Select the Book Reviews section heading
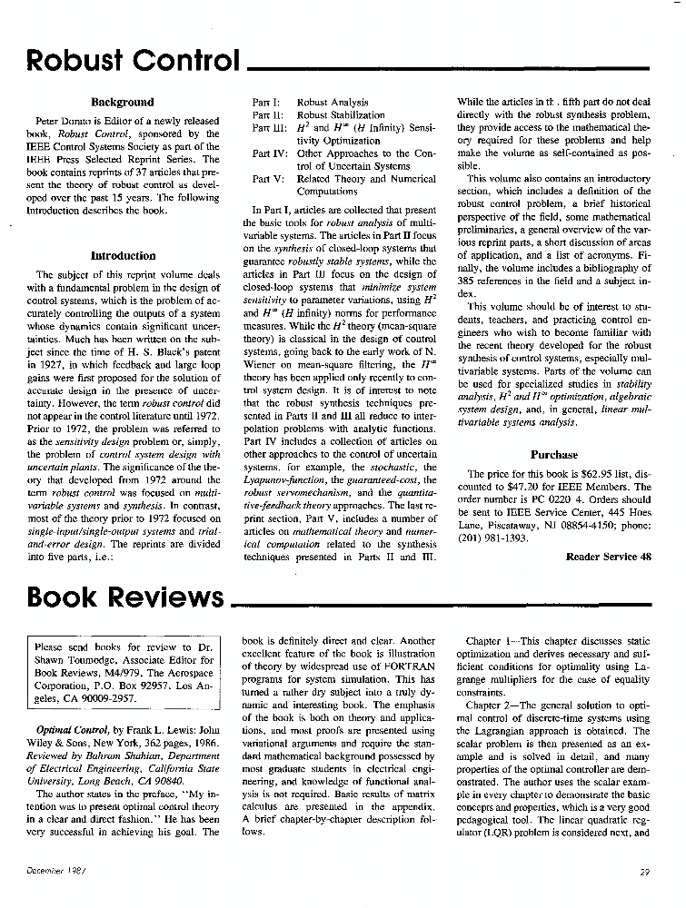coord(125,597)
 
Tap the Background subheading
coord(123,103)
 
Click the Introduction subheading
coord(123,256)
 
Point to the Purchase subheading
coord(553,455)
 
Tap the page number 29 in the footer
coord(645,873)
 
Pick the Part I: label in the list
coord(266,104)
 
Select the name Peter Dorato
coord(62,121)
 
